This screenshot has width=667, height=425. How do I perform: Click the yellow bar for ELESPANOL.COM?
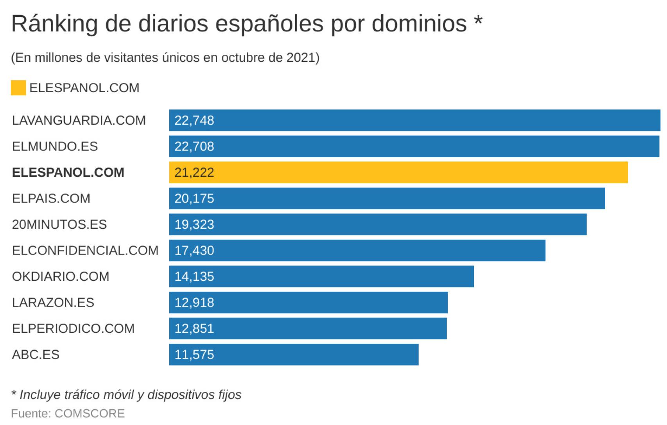398,172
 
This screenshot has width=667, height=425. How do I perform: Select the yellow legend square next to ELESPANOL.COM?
18,88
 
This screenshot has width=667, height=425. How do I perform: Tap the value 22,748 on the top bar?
194,120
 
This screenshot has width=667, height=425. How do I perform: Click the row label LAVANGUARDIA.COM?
79,120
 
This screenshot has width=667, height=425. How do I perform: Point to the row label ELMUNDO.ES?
55,146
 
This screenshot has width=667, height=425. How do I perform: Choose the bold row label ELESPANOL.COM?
68,172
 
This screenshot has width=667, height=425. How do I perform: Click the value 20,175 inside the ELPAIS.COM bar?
194,199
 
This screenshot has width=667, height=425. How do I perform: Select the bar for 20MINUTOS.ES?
378,224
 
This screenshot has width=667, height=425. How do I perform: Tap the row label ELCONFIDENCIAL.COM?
85,251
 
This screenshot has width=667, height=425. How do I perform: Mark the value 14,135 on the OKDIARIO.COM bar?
194,277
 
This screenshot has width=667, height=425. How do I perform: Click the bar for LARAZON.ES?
308,303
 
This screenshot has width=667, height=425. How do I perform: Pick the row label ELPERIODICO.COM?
73,328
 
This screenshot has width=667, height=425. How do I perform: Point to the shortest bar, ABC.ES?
294,355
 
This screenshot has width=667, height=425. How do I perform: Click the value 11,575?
194,355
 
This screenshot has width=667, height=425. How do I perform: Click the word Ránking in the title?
54,24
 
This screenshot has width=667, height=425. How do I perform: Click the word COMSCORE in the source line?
90,413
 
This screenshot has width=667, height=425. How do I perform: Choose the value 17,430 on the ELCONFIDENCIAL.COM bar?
194,251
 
